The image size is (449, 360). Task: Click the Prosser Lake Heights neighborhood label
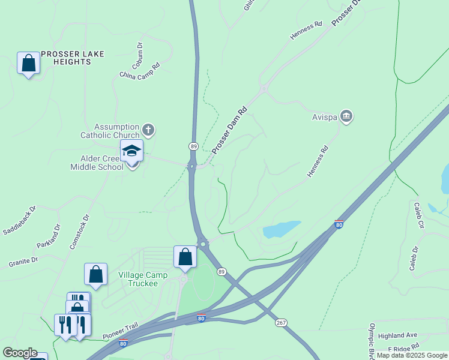pyautogui.click(x=72, y=58)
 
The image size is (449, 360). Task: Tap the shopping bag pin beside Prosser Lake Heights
pyautogui.click(x=28, y=62)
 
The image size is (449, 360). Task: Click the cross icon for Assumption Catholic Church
pyautogui.click(x=148, y=130)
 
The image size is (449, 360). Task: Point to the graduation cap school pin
pyautogui.click(x=131, y=151)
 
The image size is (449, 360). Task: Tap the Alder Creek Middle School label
pyautogui.click(x=102, y=163)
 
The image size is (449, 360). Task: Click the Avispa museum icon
pyautogui.click(x=346, y=116)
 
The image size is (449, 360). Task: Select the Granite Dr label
pyautogui.click(x=23, y=261)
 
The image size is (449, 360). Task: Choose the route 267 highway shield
pyautogui.click(x=281, y=323)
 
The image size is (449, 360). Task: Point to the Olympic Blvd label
pyautogui.click(x=372, y=339)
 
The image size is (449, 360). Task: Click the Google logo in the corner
pyautogui.click(x=20, y=353)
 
